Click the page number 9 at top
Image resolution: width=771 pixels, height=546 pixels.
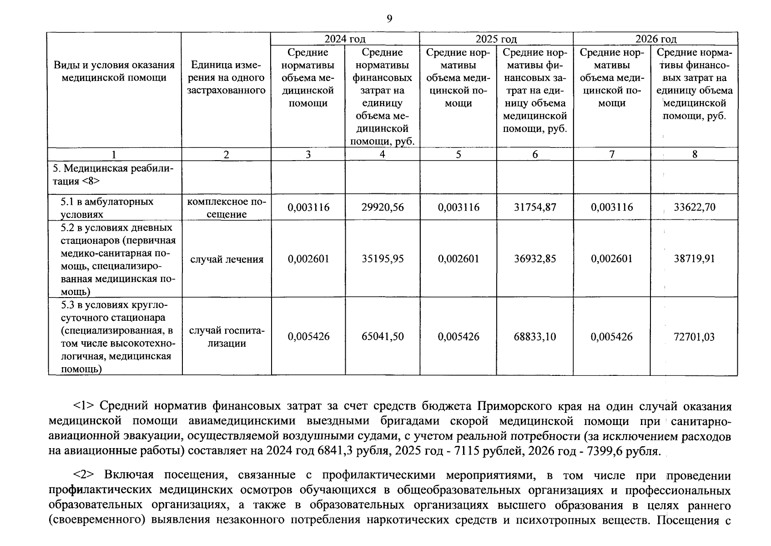coord(389,19)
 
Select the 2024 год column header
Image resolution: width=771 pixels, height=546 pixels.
coord(345,39)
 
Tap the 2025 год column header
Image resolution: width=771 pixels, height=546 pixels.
coord(496,39)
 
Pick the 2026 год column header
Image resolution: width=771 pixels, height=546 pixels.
coord(656,39)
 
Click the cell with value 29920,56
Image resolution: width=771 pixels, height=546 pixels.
coord(382,207)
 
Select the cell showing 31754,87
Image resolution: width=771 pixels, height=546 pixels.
coord(535,207)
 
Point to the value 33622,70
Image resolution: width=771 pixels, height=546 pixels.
coord(695,207)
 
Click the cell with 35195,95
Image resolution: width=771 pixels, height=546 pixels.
coord(382,259)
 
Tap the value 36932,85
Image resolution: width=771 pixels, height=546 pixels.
coord(535,259)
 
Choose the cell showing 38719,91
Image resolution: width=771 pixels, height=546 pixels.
coord(695,259)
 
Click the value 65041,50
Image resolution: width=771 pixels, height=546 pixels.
coord(382,337)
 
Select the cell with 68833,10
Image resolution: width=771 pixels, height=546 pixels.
coord(535,337)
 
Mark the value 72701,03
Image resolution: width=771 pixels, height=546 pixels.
coord(695,337)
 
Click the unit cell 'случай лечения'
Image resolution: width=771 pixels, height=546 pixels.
coord(227,259)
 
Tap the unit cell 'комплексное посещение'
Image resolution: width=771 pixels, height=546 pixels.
coord(227,208)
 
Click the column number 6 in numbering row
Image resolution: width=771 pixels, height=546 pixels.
coord(535,155)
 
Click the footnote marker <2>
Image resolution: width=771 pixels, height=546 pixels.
coord(84,475)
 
